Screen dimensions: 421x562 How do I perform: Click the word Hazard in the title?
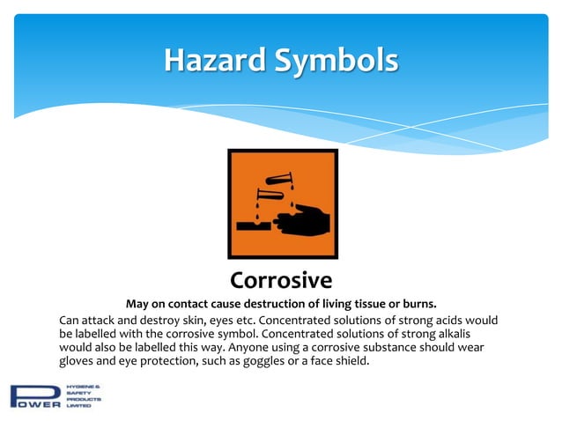click(212, 61)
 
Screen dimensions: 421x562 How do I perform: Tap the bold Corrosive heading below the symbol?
click(280, 280)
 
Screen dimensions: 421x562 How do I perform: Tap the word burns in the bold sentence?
click(419, 304)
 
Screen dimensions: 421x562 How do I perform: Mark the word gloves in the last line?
click(78, 361)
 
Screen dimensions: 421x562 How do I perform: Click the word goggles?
click(286, 361)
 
